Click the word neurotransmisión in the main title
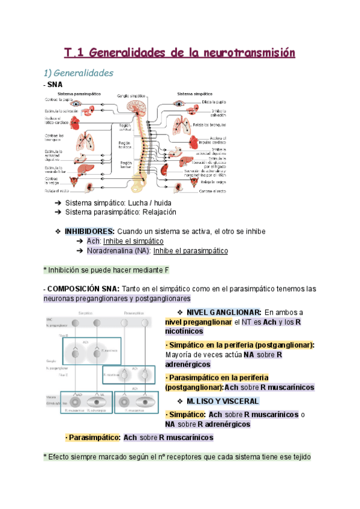pos(248,53)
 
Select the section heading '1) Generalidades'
pos(79,73)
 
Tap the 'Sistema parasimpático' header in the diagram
pos(79,94)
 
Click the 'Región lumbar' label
pos(125,164)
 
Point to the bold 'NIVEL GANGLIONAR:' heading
pos(223,312)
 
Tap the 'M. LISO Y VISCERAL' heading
pos(223,401)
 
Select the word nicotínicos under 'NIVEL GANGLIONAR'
pos(184,331)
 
